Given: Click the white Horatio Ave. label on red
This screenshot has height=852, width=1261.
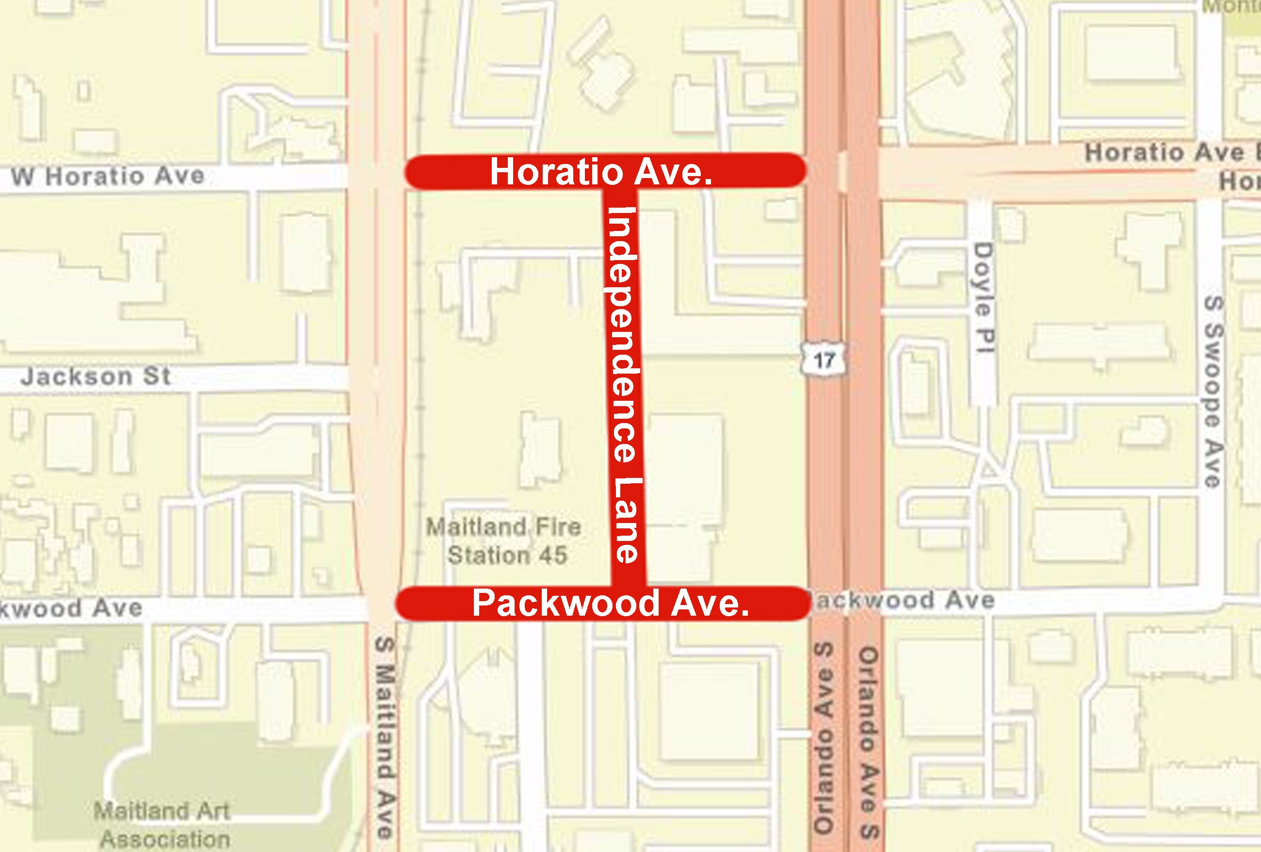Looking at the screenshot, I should tap(600, 172).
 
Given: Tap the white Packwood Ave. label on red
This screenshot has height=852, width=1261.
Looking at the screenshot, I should tap(611, 604).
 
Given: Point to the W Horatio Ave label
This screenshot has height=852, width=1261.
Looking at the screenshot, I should tap(108, 177).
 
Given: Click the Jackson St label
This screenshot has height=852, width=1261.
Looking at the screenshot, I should tap(96, 376).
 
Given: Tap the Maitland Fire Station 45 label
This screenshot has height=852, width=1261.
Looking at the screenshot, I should tap(504, 541).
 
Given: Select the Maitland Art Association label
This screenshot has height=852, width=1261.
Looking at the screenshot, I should tap(163, 825).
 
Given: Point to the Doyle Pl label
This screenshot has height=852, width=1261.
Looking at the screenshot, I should tap(983, 298).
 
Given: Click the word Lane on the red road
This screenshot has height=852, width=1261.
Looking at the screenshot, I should tap(627, 521).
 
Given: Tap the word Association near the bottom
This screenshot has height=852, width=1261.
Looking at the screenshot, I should tap(165, 839).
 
